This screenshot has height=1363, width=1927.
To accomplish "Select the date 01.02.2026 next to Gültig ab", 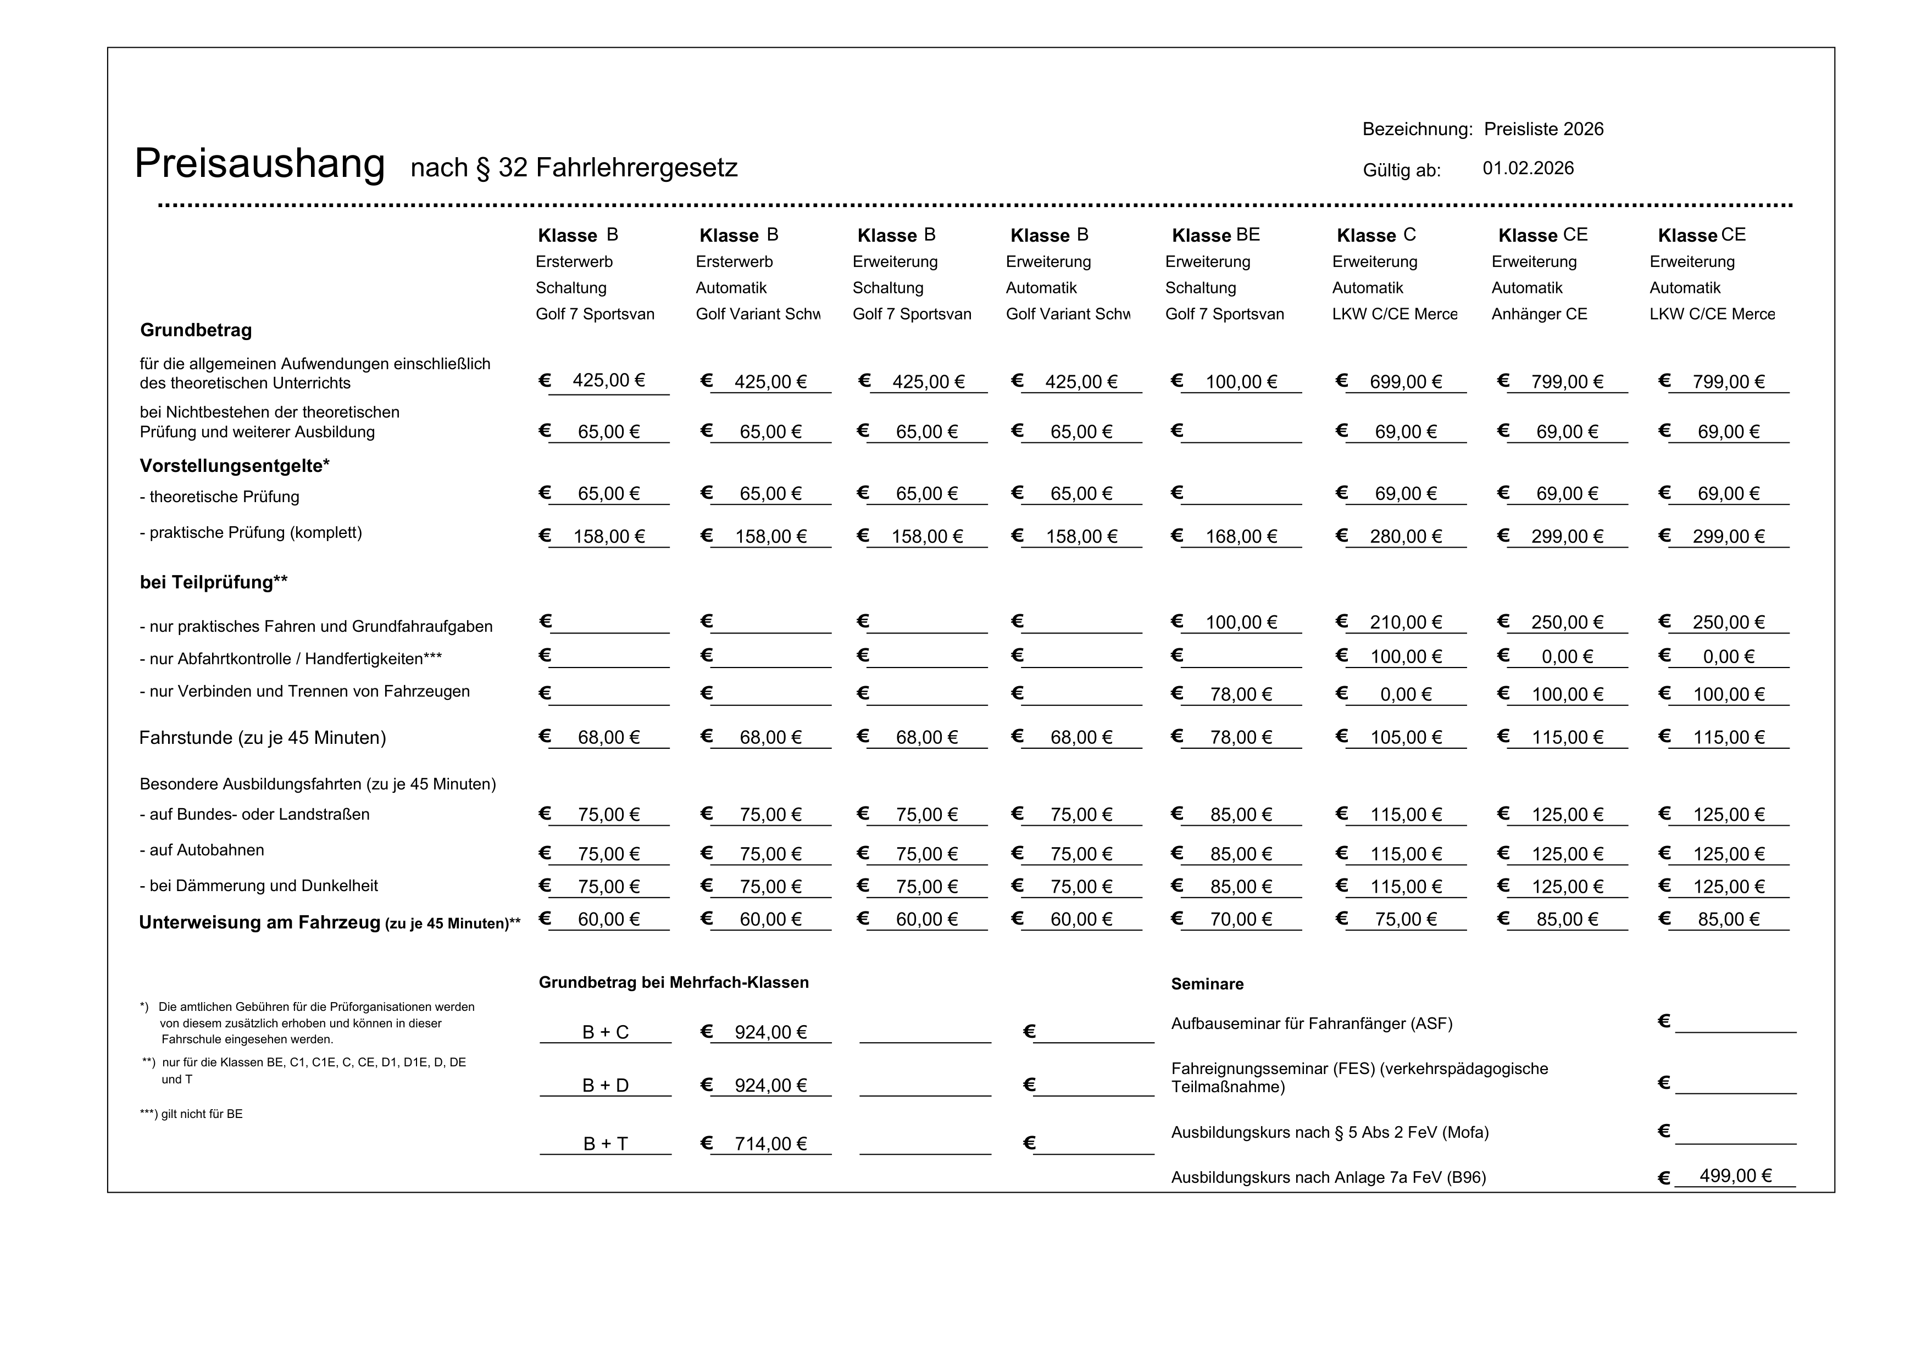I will point(1528,168).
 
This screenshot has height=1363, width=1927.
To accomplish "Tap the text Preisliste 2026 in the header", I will point(1542,129).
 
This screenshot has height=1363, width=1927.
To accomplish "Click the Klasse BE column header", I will point(1215,235).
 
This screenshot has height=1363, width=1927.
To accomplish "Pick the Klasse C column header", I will point(1375,235).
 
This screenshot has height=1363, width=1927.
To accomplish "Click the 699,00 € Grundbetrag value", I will point(1405,382).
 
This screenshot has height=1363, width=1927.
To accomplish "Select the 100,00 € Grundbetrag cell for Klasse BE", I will point(1241,382).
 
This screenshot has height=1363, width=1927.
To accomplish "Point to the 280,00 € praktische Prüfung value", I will point(1405,536).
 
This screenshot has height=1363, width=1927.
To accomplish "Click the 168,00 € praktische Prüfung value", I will point(1241,536).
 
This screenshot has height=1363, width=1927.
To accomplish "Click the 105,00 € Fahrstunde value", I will point(1405,738).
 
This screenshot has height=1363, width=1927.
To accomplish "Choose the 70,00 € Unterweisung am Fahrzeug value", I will point(1241,920).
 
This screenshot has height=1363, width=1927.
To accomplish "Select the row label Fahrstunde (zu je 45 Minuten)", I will point(262,738).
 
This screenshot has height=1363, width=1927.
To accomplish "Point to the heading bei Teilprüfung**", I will point(213,582).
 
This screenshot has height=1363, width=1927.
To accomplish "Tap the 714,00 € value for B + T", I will point(770,1144).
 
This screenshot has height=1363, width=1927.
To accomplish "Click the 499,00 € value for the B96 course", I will point(1735,1176).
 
